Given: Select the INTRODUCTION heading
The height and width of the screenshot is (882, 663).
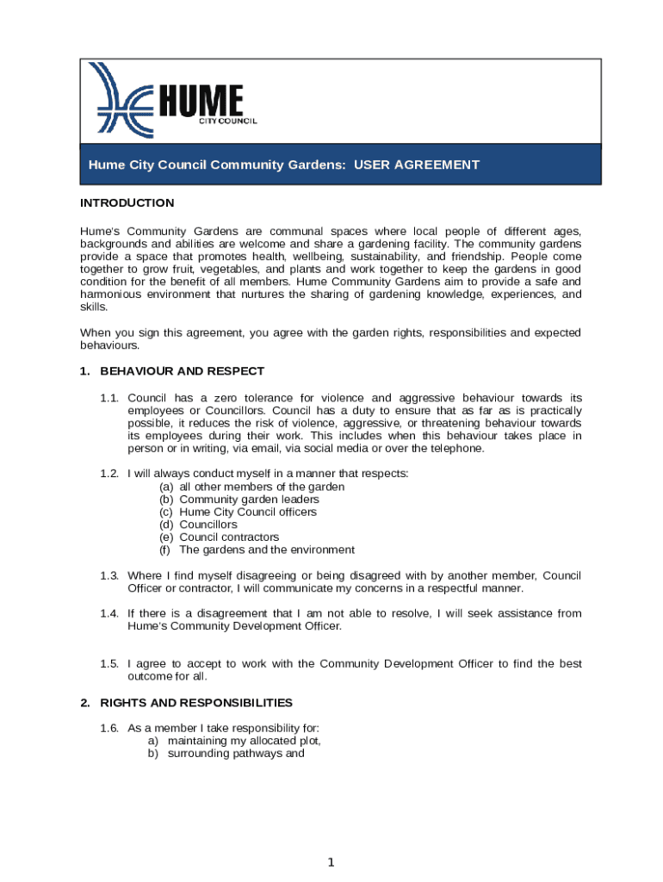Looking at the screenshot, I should tap(127, 203).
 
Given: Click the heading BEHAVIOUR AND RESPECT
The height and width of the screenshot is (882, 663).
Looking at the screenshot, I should tap(182, 371).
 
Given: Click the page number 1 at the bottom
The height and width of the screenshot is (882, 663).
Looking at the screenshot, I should tap(331, 862).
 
